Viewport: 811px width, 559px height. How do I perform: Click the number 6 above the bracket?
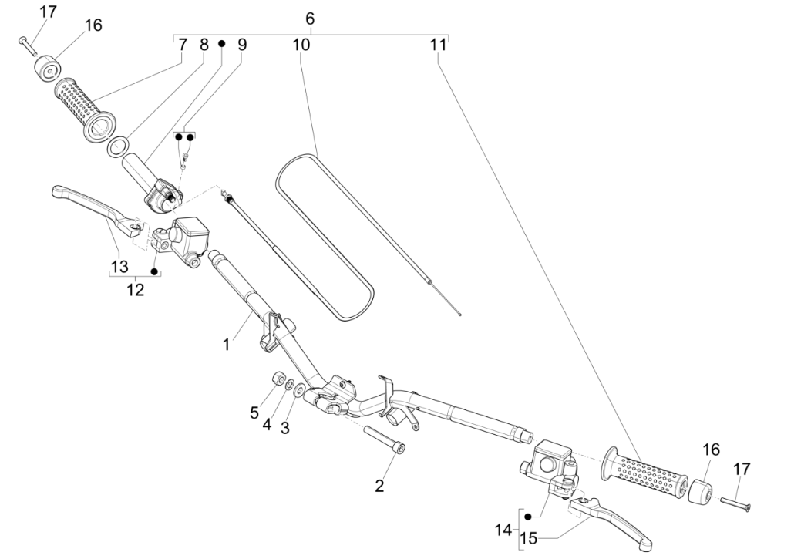point(310,18)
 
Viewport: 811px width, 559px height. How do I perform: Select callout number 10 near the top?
point(301,45)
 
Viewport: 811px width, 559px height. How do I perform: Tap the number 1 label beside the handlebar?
point(226,345)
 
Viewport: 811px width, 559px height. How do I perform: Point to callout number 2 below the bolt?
point(379,486)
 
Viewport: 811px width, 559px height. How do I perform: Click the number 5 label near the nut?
point(254,413)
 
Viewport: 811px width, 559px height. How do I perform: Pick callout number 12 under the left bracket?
point(135,289)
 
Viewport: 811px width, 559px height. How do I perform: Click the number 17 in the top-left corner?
point(48,12)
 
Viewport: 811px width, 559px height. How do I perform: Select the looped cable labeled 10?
point(325,235)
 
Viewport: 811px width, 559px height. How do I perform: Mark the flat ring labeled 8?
point(118,146)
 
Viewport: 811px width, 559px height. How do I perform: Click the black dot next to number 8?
point(220,45)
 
